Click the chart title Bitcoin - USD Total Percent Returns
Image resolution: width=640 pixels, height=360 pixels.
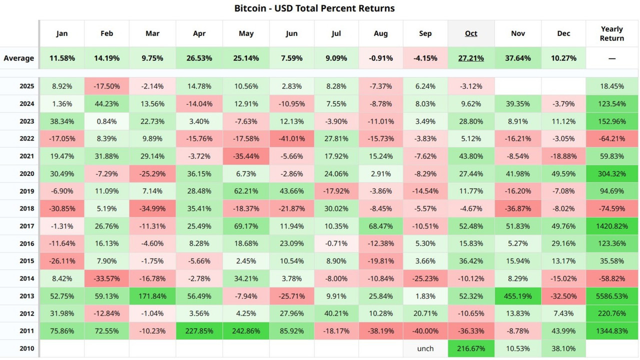pyautogui.click(x=314, y=8)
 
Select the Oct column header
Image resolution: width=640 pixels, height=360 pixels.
pyautogui.click(x=471, y=33)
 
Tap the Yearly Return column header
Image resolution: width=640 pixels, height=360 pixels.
pyautogui.click(x=612, y=33)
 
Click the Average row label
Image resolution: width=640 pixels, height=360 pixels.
pyautogui.click(x=19, y=58)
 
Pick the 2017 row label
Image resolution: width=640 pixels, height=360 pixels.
pyautogui.click(x=27, y=226)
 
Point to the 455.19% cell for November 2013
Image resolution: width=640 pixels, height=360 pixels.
pyautogui.click(x=518, y=296)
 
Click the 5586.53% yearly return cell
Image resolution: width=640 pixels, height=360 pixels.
pyautogui.click(x=612, y=296)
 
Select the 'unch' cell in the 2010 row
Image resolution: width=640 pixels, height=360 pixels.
pyautogui.click(x=425, y=348)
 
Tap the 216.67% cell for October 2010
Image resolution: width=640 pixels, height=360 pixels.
pyautogui.click(x=471, y=348)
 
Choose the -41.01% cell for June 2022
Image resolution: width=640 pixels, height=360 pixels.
pyautogui.click(x=291, y=138)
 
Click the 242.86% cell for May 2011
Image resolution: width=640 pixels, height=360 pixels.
pyautogui.click(x=246, y=331)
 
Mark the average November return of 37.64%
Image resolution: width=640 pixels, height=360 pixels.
pyautogui.click(x=518, y=58)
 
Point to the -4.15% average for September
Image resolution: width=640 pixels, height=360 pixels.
pyautogui.click(x=425, y=58)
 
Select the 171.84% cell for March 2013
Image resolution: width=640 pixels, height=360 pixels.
pyautogui.click(x=152, y=296)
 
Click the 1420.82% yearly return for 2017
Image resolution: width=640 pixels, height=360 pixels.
pyautogui.click(x=612, y=226)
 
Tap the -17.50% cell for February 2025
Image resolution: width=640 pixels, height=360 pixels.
pyautogui.click(x=106, y=86)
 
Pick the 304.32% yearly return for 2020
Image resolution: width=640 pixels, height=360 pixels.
pyautogui.click(x=612, y=173)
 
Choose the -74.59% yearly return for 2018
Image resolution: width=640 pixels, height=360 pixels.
pyautogui.click(x=612, y=208)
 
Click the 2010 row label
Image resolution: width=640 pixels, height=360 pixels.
pyautogui.click(x=27, y=348)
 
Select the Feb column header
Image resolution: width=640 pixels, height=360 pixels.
pyautogui.click(x=106, y=33)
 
